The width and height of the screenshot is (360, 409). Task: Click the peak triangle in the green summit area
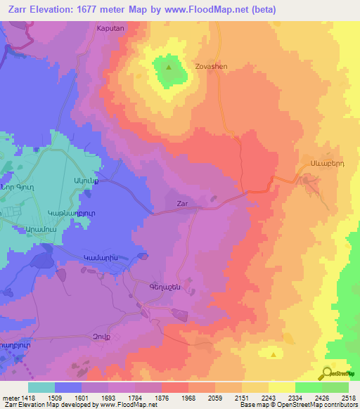[x=169, y=68]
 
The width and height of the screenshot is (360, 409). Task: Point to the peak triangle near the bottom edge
[x=272, y=356]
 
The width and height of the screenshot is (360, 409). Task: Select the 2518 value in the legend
[x=349, y=396]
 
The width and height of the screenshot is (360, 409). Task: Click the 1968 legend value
[x=188, y=396]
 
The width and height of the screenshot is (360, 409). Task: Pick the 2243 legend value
[x=269, y=396]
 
